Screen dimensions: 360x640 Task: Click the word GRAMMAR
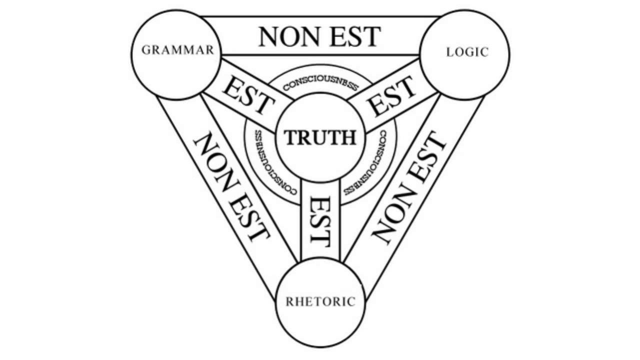point(178,50)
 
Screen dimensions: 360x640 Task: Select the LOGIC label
point(467,52)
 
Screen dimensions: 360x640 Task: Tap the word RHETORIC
point(320,301)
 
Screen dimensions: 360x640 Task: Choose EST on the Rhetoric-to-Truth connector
point(319,220)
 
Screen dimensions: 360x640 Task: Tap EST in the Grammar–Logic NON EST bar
point(355,36)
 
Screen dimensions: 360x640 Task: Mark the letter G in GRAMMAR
point(146,50)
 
